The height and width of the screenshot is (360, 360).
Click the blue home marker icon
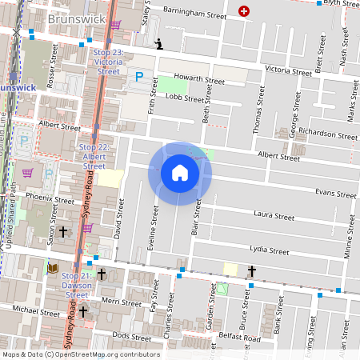(x=179, y=173)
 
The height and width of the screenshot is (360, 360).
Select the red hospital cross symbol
(x=245, y=11)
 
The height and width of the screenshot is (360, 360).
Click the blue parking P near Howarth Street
(x=139, y=78)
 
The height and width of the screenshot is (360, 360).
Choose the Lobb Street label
(x=185, y=98)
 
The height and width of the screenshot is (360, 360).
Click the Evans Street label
(x=335, y=194)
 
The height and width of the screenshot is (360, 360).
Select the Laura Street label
(x=274, y=215)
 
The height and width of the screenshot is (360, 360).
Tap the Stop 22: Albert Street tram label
(x=94, y=156)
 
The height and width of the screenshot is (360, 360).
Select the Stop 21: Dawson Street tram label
(x=78, y=284)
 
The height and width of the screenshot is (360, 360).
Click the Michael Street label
(x=36, y=310)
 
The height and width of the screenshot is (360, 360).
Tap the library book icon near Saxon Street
(x=54, y=268)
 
